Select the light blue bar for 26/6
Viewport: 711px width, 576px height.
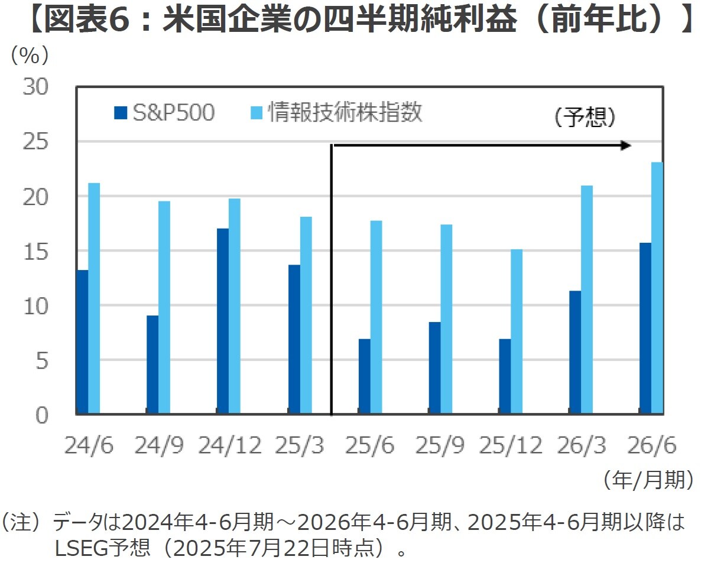657,288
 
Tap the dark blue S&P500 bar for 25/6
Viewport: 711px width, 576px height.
364,376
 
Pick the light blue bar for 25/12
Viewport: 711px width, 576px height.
516,331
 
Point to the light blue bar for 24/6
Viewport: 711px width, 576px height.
93,298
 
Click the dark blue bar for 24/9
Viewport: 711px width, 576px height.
152,365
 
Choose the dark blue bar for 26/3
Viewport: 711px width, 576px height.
575,352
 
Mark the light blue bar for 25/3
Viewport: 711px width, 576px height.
306,315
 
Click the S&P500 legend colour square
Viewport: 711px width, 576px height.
121,113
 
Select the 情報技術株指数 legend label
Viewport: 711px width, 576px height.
345,112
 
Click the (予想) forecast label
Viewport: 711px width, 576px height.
585,118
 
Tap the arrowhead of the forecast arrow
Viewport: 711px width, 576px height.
626,145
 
